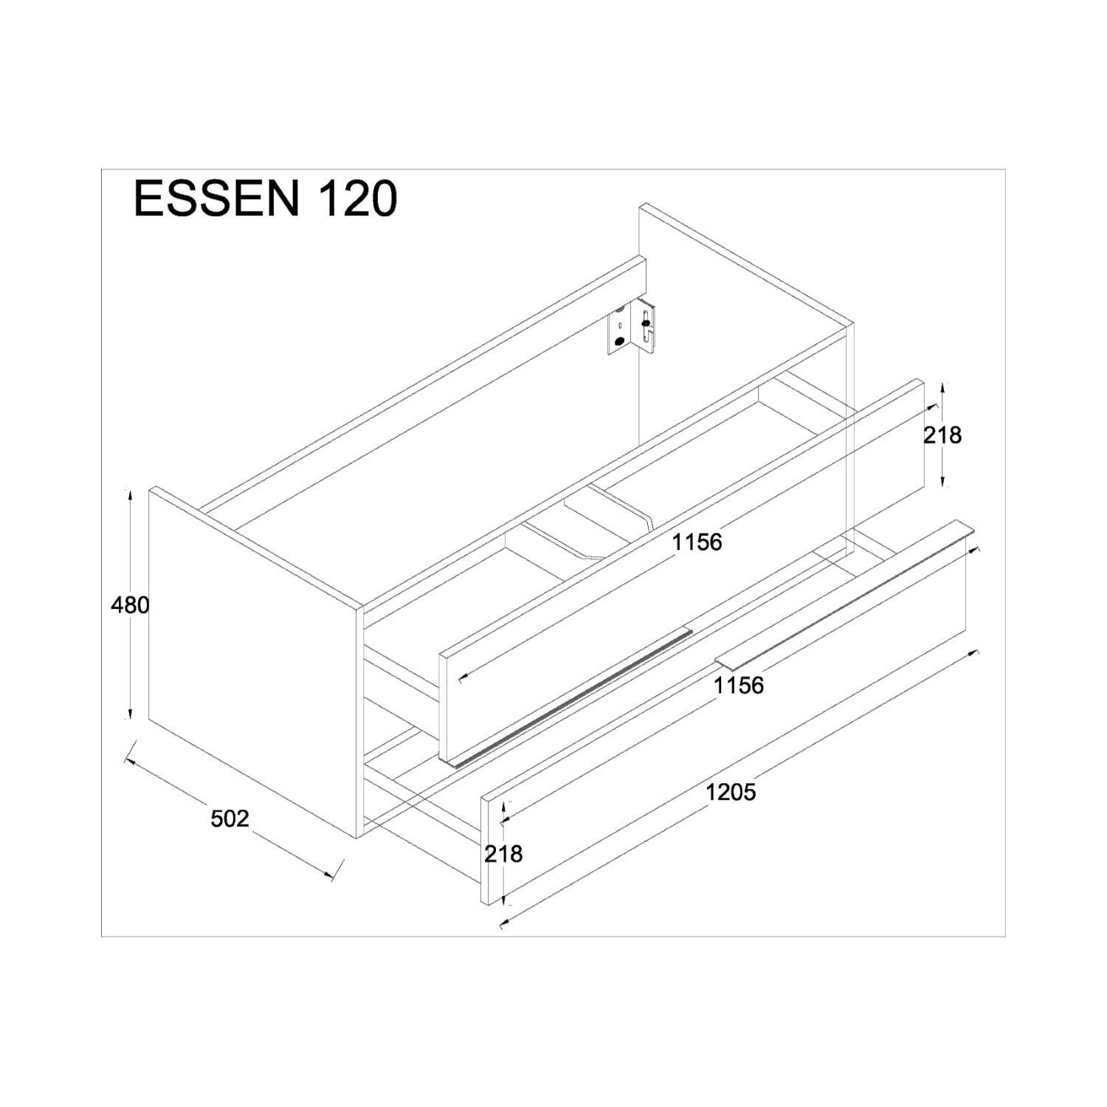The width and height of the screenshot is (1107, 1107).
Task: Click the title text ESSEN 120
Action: (x=266, y=199)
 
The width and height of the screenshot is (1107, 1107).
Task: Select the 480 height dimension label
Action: (x=130, y=605)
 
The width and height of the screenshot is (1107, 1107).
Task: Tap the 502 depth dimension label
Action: (x=230, y=818)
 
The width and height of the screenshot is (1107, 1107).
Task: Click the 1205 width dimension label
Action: (x=731, y=793)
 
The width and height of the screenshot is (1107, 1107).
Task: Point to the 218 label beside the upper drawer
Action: (x=942, y=435)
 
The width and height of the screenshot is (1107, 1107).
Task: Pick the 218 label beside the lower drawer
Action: (x=503, y=854)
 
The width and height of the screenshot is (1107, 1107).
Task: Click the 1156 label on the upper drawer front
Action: (x=697, y=542)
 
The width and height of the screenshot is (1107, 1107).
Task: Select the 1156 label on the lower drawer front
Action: (x=739, y=686)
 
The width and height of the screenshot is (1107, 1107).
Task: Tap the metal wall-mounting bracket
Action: (x=632, y=328)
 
